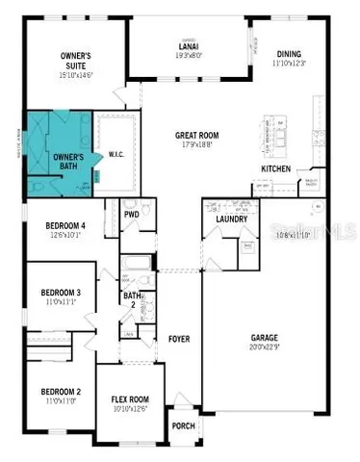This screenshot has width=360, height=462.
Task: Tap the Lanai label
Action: pyautogui.click(x=189, y=45)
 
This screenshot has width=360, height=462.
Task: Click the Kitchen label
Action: pyautogui.click(x=276, y=169)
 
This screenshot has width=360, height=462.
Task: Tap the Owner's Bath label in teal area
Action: pyautogui.click(x=67, y=162)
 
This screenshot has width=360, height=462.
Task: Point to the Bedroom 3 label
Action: pyautogui.click(x=60, y=293)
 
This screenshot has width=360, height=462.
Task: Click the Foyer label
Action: pyautogui.click(x=180, y=339)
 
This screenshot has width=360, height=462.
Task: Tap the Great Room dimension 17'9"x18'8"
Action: pyautogui.click(x=199, y=146)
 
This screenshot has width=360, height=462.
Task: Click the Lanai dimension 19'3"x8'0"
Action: pyautogui.click(x=189, y=55)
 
